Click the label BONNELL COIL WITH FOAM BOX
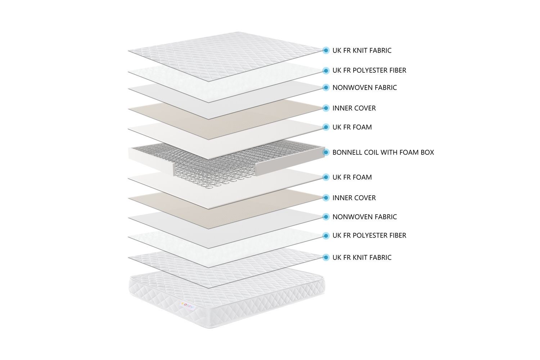pos(383,152)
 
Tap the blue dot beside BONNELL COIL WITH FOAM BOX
pos(326,152)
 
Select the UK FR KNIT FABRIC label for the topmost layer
pos(362,50)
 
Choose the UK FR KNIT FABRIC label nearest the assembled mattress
pos(362,257)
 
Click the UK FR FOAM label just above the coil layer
pos(352,127)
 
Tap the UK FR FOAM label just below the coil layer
pos(352,177)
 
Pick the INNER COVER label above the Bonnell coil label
pos(354,108)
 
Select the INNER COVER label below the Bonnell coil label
pos(354,198)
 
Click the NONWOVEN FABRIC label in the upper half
pos(364,87)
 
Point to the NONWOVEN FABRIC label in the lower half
pos(364,217)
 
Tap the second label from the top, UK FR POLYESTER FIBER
pos(369,71)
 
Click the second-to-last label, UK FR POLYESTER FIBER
pos(369,235)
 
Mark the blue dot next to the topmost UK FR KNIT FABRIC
pos(326,50)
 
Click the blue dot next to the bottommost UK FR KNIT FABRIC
pos(326,257)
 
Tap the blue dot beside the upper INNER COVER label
pos(326,108)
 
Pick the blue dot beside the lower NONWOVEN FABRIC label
pos(326,217)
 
